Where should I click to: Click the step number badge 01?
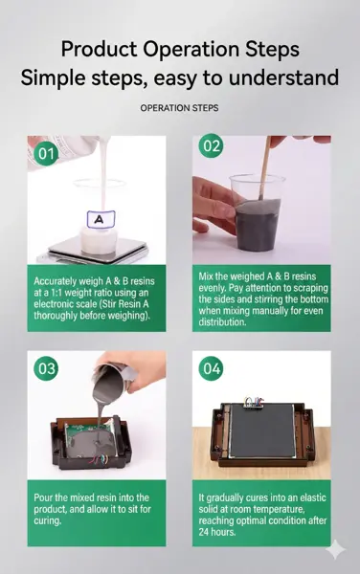pyautogui.click(x=45, y=152)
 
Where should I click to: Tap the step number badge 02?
pyautogui.click(x=211, y=146)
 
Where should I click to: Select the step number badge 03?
pyautogui.click(x=45, y=368)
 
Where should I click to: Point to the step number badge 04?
pyautogui.click(x=211, y=368)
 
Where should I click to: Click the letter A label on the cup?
pyautogui.click(x=97, y=220)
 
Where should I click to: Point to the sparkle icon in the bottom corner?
pyautogui.click(x=335, y=549)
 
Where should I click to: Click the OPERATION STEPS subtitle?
pyautogui.click(x=179, y=108)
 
